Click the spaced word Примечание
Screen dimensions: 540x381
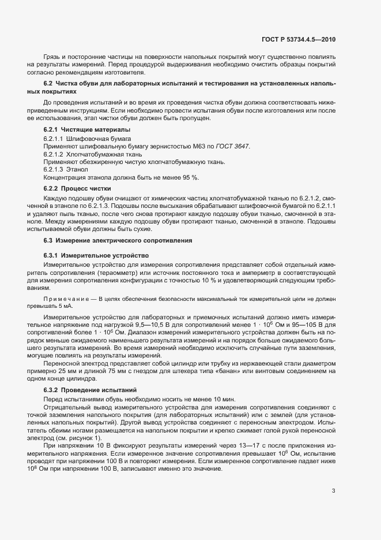(67, 299)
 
